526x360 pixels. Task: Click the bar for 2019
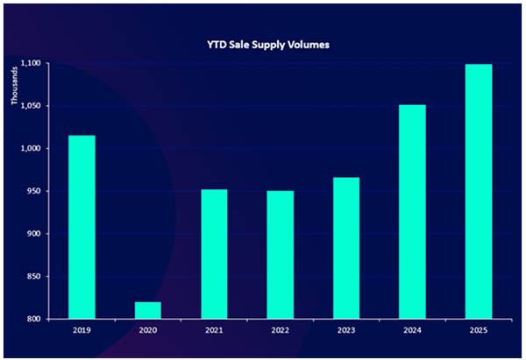click(82, 227)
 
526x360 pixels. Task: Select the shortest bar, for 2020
click(148, 310)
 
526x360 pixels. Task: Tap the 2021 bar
click(214, 254)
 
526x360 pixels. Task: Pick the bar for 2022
click(281, 255)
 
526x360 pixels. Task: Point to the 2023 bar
click(346, 248)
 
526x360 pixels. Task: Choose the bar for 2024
click(412, 211)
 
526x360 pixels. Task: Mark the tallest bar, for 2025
click(478, 191)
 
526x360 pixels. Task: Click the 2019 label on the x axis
click(82, 331)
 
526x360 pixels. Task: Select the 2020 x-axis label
click(148, 331)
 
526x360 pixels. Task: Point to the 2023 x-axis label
click(346, 331)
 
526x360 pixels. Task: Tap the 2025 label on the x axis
click(478, 331)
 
